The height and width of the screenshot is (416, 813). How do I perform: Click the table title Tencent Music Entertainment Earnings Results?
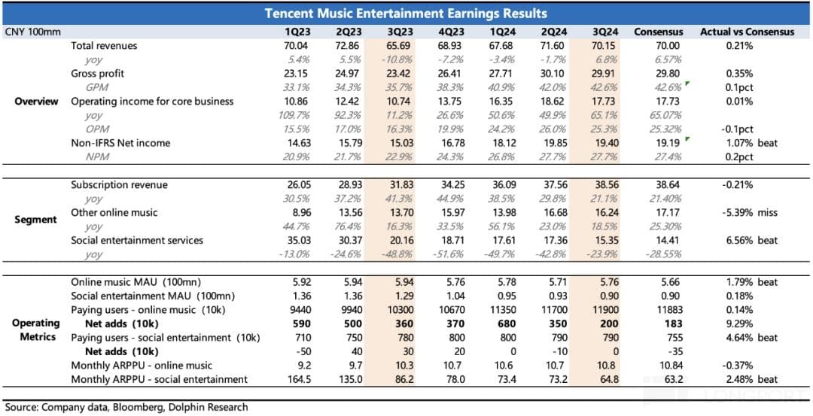[x=406, y=14]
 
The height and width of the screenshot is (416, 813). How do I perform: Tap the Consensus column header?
[x=658, y=32]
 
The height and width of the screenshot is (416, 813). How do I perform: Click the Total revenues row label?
[x=104, y=46]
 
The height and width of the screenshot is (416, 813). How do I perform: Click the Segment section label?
[x=36, y=220]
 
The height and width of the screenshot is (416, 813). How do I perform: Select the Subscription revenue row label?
[x=119, y=184]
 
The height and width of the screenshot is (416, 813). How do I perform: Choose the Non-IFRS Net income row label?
[x=120, y=143]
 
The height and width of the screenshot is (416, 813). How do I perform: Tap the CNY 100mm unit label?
[x=32, y=32]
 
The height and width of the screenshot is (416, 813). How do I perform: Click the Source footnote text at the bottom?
[x=126, y=407]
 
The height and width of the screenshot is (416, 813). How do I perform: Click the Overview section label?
[x=36, y=102]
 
